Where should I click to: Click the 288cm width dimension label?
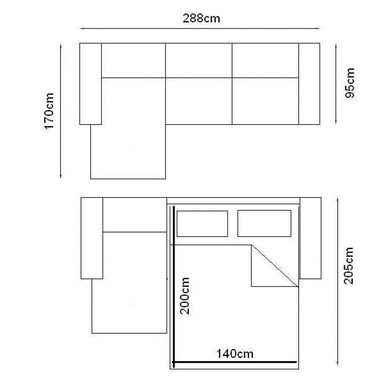click(201, 19)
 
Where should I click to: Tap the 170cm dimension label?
click(49, 111)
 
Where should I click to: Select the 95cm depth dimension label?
click(350, 83)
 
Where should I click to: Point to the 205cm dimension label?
click(349, 265)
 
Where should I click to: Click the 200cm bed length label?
click(185, 296)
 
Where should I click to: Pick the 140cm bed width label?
click(235, 354)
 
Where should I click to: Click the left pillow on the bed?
click(202, 224)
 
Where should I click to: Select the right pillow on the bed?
click(264, 223)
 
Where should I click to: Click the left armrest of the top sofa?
click(90, 84)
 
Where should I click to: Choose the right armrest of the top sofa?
click(309, 84)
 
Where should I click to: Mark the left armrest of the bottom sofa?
click(92, 238)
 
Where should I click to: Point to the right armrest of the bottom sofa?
click(310, 238)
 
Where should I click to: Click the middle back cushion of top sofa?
click(199, 61)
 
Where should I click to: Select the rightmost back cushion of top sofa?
click(265, 61)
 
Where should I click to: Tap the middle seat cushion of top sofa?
click(199, 101)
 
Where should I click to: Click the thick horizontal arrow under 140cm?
click(235, 362)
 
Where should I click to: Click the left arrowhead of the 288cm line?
click(81, 29)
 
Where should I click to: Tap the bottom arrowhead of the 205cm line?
click(338, 363)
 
